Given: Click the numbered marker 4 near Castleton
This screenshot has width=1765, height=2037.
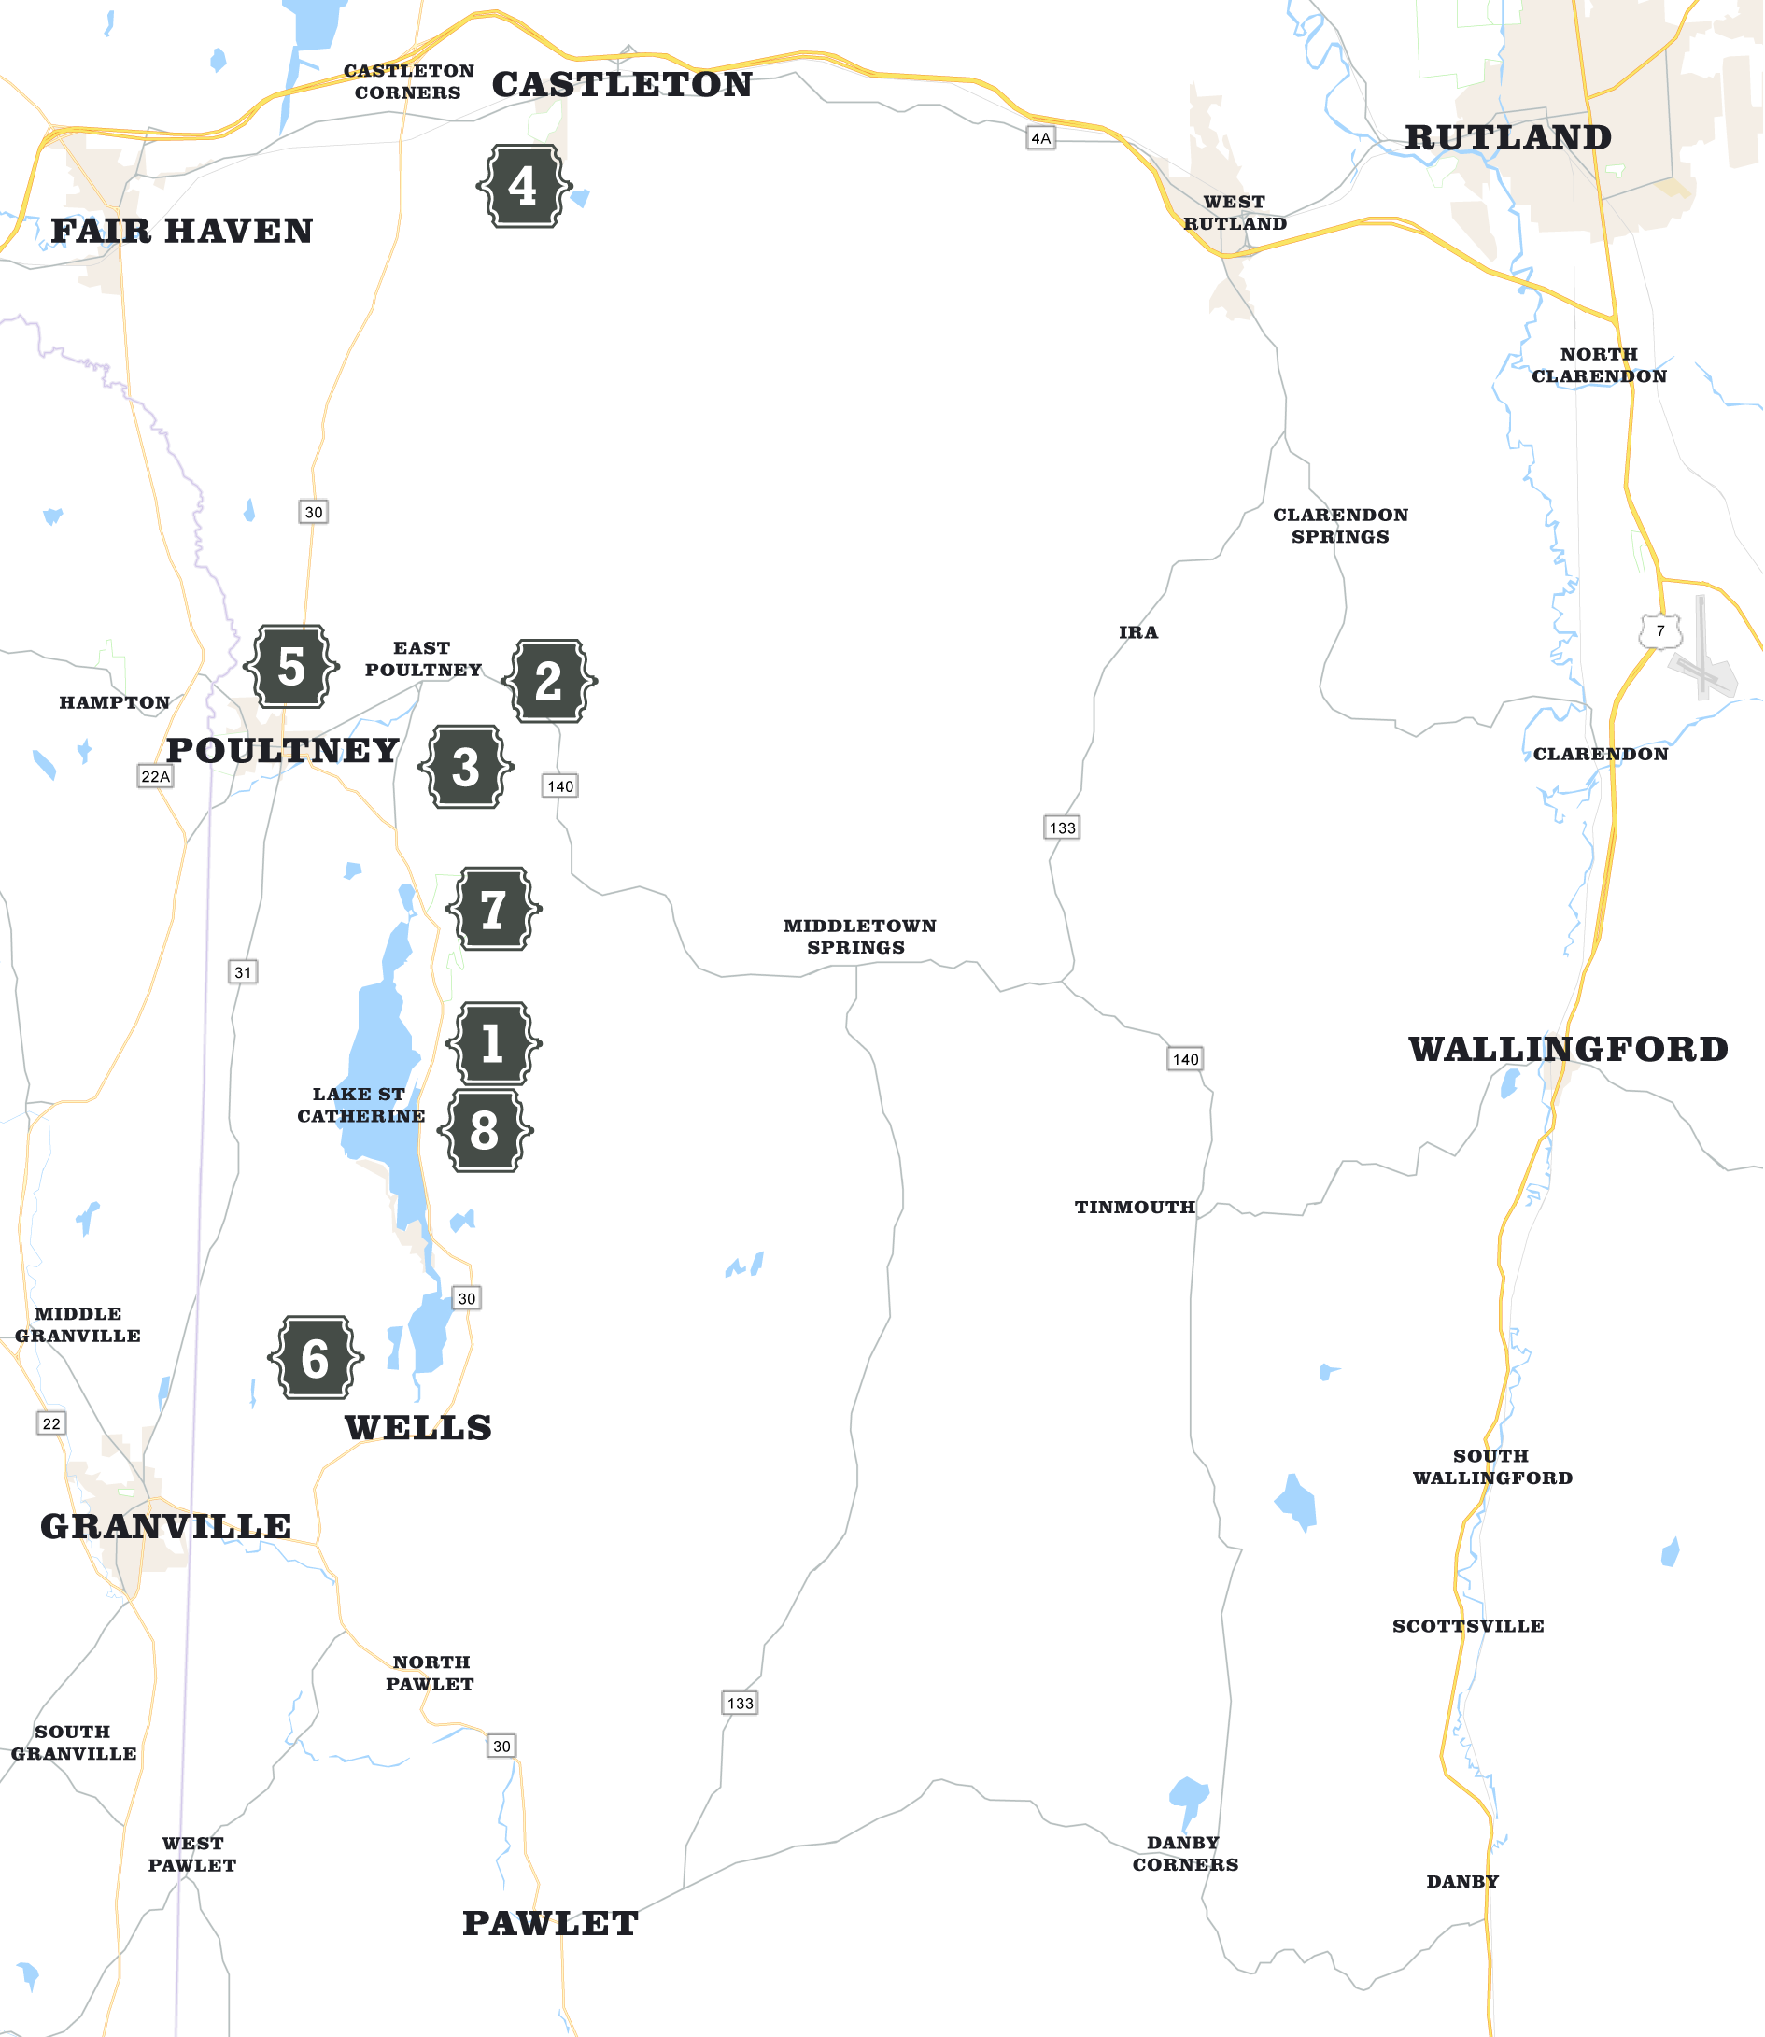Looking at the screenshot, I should coord(523,186).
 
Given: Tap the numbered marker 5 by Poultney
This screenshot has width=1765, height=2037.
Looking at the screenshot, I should coord(290,667).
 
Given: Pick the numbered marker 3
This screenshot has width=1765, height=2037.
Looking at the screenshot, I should coord(466,768).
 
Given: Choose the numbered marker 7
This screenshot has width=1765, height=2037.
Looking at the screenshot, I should coord(493,908).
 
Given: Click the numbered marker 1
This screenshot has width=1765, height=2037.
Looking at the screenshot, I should coord(493,1043).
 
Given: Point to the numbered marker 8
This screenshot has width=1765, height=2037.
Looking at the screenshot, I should coord(485,1131).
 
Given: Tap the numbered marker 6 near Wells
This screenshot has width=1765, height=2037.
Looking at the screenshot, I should coord(316,1357).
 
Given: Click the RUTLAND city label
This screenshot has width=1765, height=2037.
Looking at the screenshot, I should coord(1507,138).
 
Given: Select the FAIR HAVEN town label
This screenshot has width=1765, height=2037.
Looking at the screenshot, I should coord(182,232).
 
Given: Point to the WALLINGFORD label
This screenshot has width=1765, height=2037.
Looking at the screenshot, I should coord(1568,1049).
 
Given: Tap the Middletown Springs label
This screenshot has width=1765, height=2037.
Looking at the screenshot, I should coord(859,936).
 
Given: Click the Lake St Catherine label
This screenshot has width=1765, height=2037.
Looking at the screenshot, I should coord(360,1104).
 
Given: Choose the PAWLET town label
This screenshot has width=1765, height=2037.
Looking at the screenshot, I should coord(551,1923).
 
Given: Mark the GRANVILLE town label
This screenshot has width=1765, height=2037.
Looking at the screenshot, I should coord(165,1526).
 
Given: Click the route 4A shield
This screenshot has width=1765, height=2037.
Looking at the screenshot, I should coord(1041,139).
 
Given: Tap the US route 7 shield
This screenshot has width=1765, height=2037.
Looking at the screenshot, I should coord(1660,631).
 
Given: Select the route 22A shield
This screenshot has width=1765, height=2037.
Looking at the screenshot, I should coord(156,776).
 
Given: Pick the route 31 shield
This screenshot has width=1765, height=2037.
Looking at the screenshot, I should coord(242,972).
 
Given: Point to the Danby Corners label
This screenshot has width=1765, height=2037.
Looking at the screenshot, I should coord(1185,1853).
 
